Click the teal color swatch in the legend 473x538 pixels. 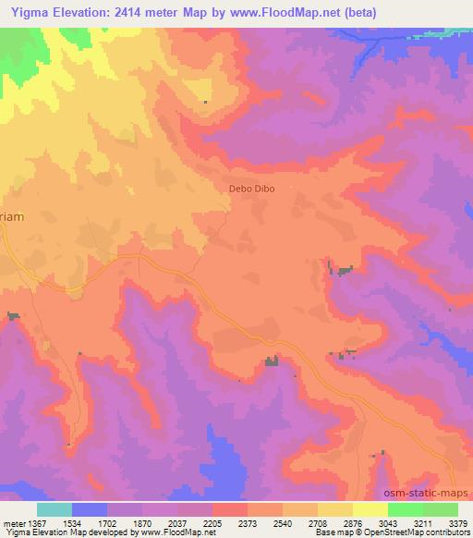(55, 509)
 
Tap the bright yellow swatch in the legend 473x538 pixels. (370, 509)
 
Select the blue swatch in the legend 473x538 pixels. (90, 509)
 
